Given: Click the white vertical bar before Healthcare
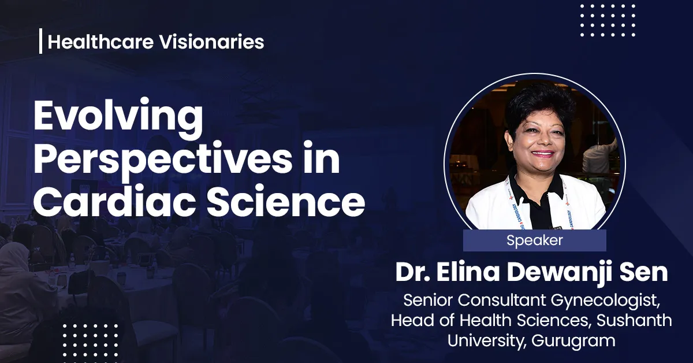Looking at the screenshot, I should tap(41, 42).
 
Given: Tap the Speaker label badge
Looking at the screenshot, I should tap(534, 240).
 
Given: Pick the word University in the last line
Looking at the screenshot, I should tap(484, 340).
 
